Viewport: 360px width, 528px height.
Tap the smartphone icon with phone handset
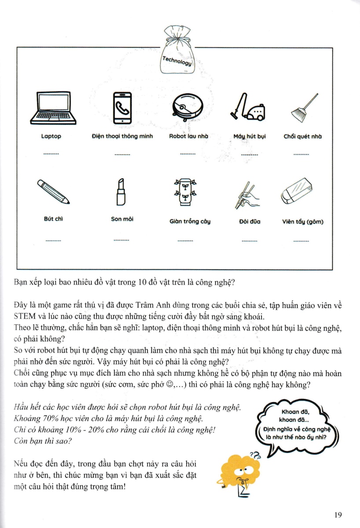pos(123,108)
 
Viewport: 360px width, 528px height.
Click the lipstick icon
pos(121,192)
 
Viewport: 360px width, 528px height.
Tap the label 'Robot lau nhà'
pos(188,136)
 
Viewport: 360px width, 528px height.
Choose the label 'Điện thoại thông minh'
pos(122,136)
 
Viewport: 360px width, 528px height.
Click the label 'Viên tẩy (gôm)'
pos(303,221)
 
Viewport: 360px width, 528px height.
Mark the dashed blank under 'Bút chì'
pos(53,241)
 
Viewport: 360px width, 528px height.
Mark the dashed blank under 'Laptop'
pos(51,154)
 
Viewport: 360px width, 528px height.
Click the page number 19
pos(338,514)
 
